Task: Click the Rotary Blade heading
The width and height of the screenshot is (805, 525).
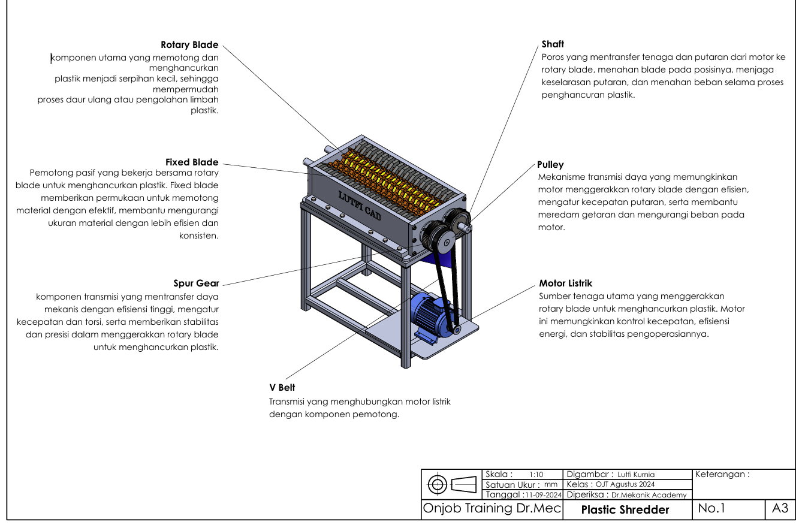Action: [189, 45]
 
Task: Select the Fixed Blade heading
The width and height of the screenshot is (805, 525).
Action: [192, 162]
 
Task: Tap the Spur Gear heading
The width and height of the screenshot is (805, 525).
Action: [196, 283]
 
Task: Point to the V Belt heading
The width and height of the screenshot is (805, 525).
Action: [282, 387]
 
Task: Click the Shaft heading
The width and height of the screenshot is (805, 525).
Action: [553, 44]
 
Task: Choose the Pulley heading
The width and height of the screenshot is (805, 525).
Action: [550, 165]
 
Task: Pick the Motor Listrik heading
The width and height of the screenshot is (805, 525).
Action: [566, 283]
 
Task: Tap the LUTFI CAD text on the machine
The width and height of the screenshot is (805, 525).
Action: [360, 206]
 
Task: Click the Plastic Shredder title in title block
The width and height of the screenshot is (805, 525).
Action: [625, 509]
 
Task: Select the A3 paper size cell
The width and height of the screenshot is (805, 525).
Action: [780, 508]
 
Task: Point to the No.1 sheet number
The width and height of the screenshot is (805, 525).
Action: [711, 508]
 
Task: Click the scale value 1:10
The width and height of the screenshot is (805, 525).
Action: [536, 474]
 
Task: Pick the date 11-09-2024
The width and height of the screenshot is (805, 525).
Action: [544, 495]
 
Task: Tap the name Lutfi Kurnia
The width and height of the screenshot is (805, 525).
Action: [636, 474]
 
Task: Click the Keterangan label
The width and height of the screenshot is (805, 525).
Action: [722, 474]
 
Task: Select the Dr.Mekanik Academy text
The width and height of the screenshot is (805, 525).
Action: [649, 495]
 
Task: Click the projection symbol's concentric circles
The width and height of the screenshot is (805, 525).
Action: [438, 485]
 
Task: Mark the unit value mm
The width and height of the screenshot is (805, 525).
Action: [551, 484]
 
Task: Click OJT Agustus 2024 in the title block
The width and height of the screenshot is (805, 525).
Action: [625, 484]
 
